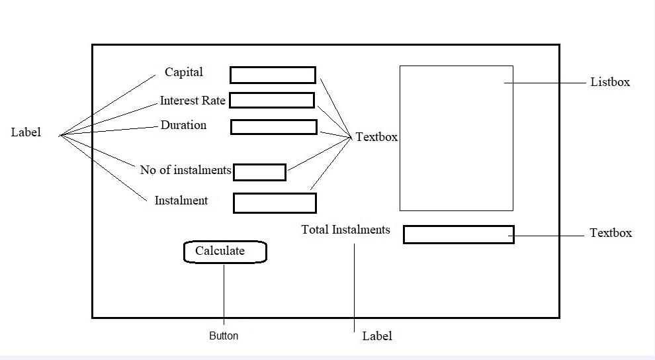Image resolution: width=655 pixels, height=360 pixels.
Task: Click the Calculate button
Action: [225, 252]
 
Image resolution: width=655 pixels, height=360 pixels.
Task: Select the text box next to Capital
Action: [273, 75]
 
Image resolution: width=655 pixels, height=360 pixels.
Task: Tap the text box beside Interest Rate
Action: [272, 100]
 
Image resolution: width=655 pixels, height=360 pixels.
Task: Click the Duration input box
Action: [274, 126]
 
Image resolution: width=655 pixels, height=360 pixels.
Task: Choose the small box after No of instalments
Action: [259, 172]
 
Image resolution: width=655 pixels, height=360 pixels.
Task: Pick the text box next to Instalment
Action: [275, 203]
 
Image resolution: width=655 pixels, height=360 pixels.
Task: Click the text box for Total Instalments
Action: [459, 234]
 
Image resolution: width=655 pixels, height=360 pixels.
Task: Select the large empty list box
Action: [456, 138]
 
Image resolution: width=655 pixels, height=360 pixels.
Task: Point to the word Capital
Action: [184, 72]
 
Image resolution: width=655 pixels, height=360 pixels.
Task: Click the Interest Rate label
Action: [193, 101]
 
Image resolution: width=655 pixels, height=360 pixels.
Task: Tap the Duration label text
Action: [183, 125]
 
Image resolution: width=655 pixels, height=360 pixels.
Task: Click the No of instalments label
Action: [185, 170]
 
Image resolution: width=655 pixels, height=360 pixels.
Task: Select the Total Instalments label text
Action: [345, 230]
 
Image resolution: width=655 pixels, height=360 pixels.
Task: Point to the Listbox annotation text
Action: [610, 82]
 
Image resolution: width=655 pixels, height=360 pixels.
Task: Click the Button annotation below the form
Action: [224, 336]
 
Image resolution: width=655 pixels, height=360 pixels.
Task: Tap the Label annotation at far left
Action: [26, 132]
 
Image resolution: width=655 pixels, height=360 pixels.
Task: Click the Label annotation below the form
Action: [377, 336]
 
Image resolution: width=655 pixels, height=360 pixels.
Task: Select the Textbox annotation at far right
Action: [611, 233]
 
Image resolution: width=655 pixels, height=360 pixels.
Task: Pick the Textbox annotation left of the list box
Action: [376, 137]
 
